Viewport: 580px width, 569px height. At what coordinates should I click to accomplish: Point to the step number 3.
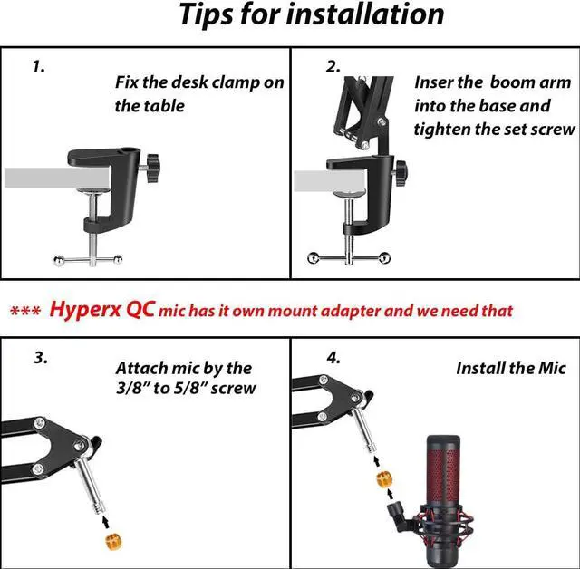click(41, 357)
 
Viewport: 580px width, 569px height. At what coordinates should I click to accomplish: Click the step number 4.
click(333, 357)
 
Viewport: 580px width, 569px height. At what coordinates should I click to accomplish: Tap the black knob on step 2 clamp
click(399, 169)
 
